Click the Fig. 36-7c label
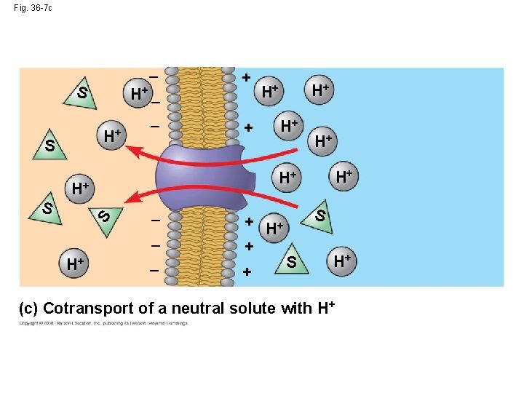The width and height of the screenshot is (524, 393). click(33, 8)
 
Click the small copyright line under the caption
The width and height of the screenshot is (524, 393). click(103, 322)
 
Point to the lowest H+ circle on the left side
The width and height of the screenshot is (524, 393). click(74, 263)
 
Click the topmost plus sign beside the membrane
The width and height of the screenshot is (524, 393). click(246, 76)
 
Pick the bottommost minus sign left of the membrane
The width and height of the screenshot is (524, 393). click(154, 271)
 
